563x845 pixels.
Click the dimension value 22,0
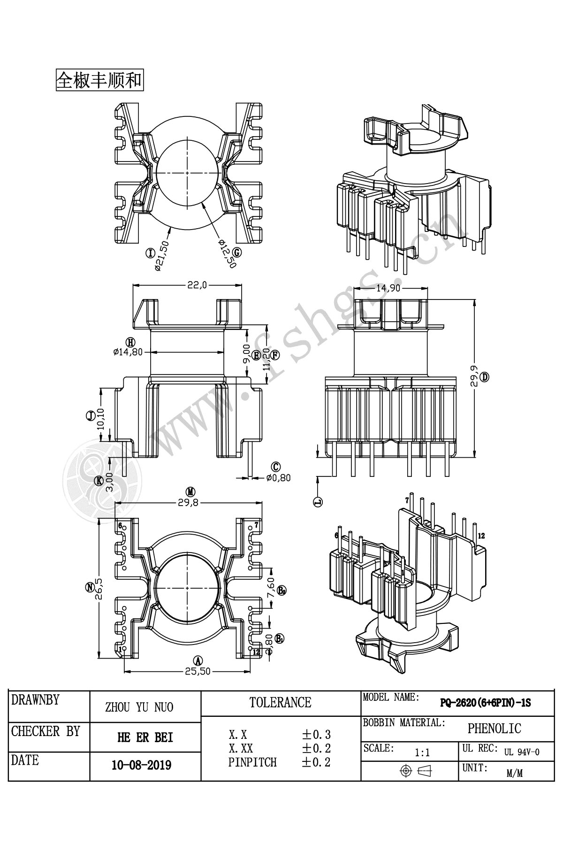197,285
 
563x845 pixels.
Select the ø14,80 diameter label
128,352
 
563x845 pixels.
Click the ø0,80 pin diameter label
278,478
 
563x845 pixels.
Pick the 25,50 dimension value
198,671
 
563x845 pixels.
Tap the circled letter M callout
190,492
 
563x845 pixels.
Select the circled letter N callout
90,587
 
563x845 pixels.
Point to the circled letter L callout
318,502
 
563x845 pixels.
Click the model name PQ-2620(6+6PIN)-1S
486,703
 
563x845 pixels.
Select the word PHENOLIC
494,728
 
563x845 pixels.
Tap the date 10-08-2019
141,765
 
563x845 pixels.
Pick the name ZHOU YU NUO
139,707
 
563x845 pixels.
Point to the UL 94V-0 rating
522,752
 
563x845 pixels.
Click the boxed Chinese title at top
99,80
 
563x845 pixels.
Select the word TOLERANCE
280,702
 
